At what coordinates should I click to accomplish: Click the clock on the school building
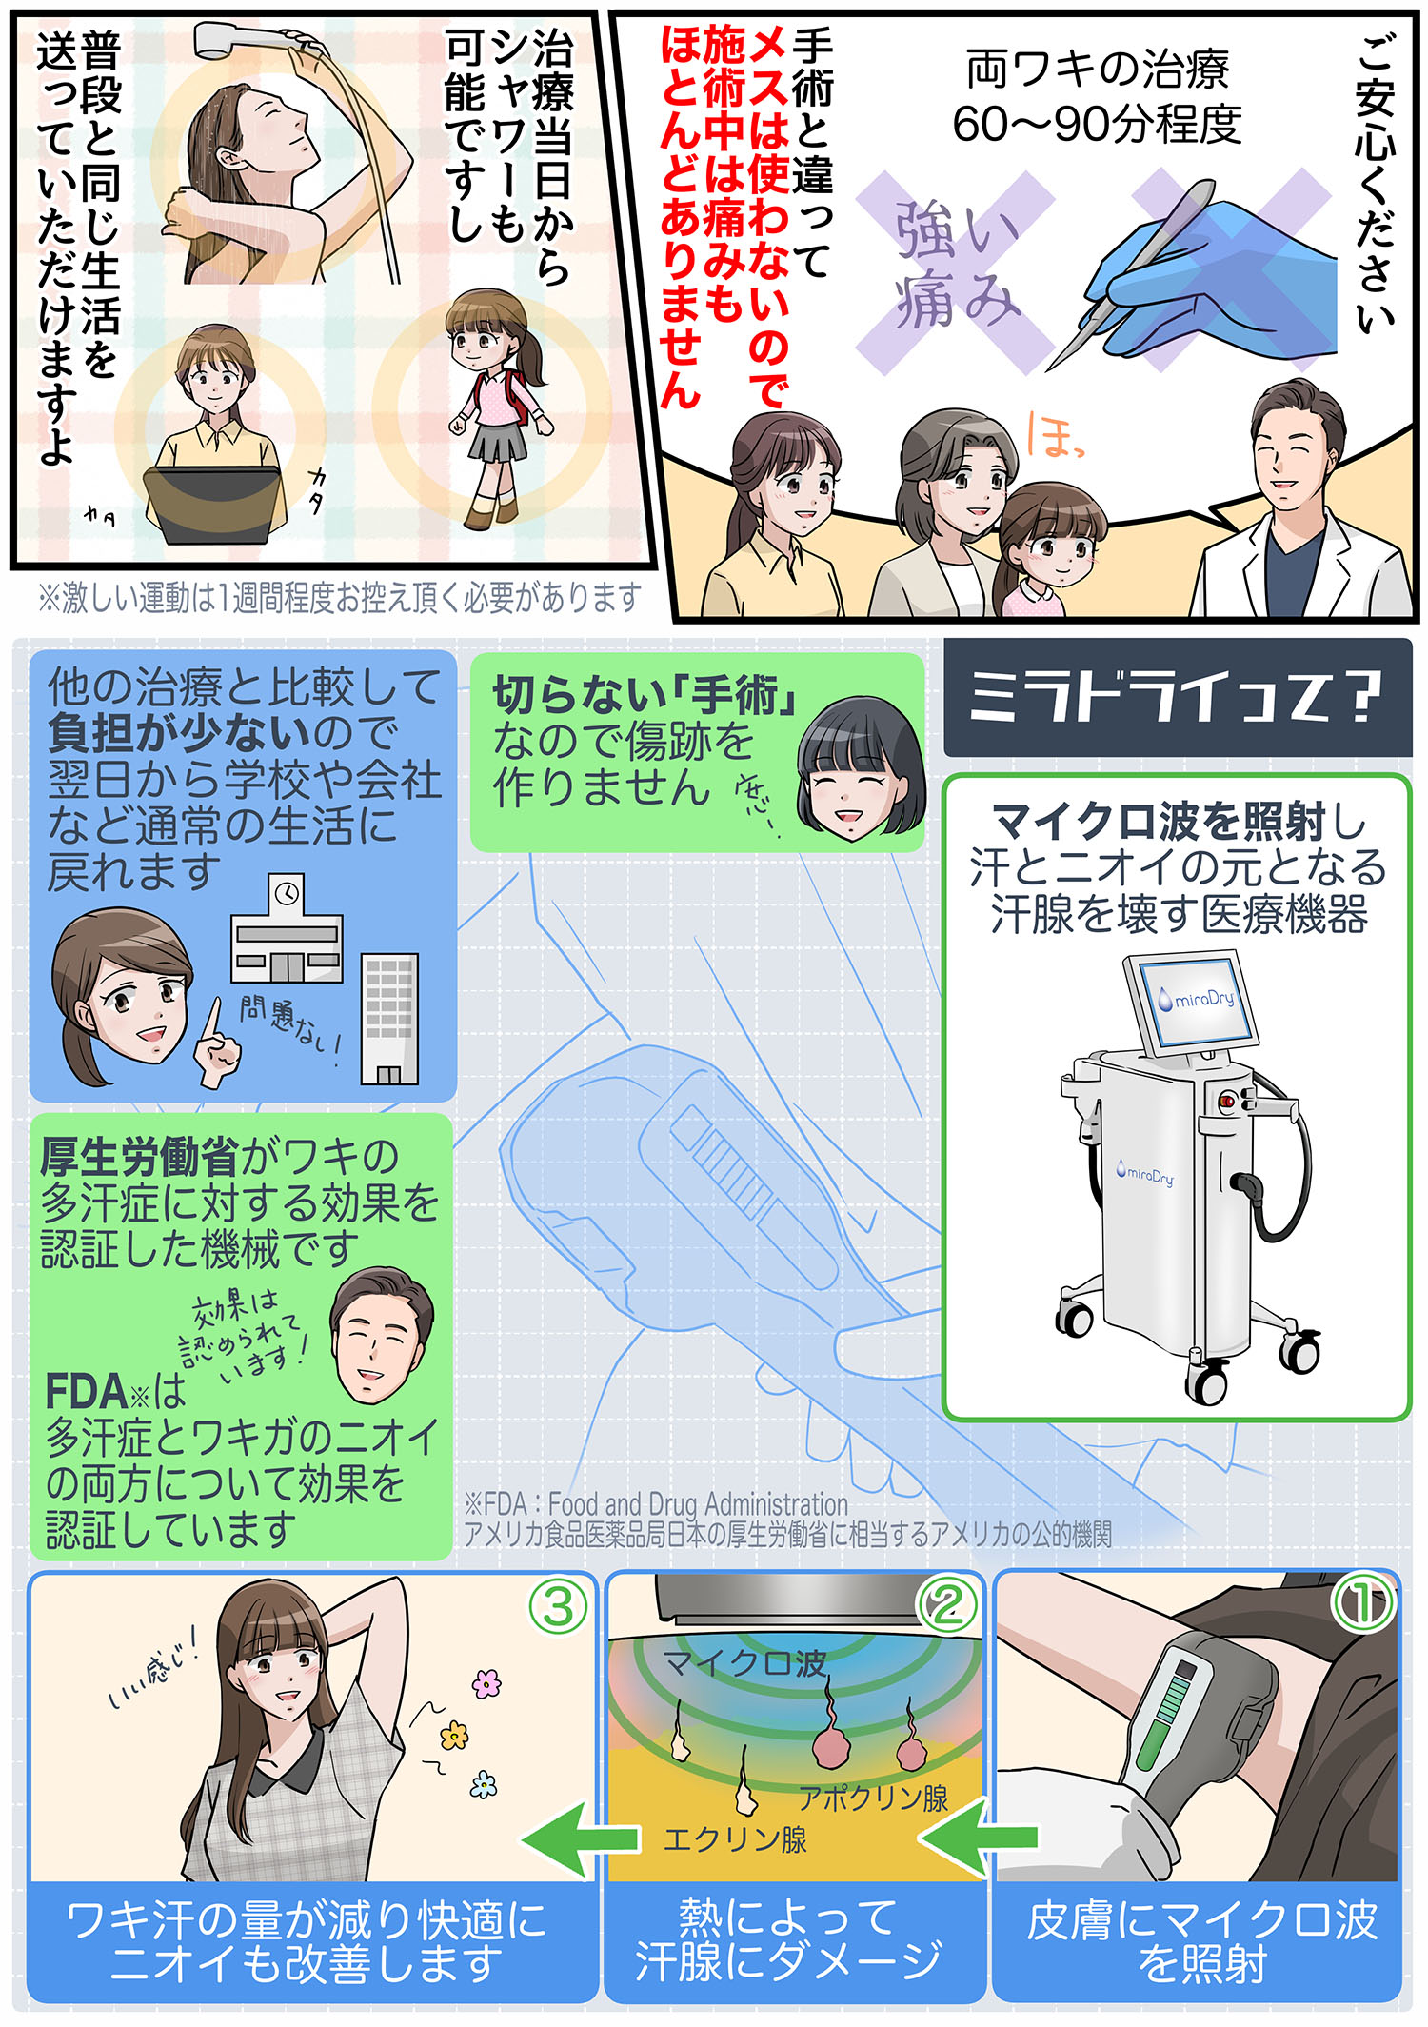(x=287, y=893)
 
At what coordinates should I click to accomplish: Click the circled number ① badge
(x=1361, y=1603)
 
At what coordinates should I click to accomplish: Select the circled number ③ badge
(x=558, y=1607)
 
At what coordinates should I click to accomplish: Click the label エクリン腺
(x=735, y=1838)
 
